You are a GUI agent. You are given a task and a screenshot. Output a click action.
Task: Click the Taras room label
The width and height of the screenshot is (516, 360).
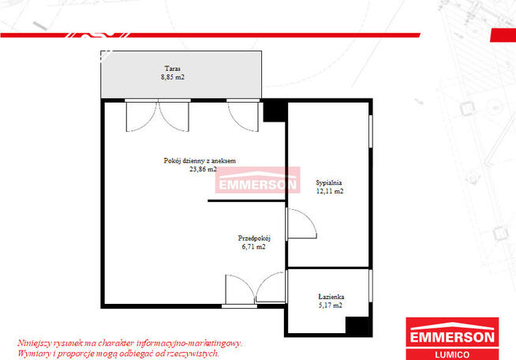173,69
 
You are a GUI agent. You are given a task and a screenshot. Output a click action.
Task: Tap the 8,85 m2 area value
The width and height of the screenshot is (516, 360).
173,77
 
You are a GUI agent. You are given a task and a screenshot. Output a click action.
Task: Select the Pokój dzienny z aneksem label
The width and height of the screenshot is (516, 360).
200,161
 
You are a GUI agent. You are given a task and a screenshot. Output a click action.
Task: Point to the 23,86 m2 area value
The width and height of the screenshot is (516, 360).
203,169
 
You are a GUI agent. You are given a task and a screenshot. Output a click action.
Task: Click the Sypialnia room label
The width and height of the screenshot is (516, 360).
329,183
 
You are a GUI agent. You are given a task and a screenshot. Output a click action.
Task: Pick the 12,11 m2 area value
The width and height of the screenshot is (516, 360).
330,191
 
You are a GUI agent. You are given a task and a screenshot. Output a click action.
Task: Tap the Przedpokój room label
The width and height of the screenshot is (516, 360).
254,238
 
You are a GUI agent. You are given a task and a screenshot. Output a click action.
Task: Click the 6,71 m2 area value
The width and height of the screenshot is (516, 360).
253,246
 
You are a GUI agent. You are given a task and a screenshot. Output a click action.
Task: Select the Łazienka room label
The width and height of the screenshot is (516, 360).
331,296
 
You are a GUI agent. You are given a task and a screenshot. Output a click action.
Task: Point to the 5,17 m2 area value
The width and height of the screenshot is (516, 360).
331,306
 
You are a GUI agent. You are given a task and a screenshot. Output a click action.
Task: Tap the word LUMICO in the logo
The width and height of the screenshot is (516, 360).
452,354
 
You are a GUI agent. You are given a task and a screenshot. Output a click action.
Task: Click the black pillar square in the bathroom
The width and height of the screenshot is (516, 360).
357,325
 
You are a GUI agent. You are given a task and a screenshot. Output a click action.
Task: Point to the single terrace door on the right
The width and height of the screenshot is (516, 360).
243,115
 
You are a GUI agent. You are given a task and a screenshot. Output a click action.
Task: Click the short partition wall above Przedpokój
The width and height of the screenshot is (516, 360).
246,201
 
